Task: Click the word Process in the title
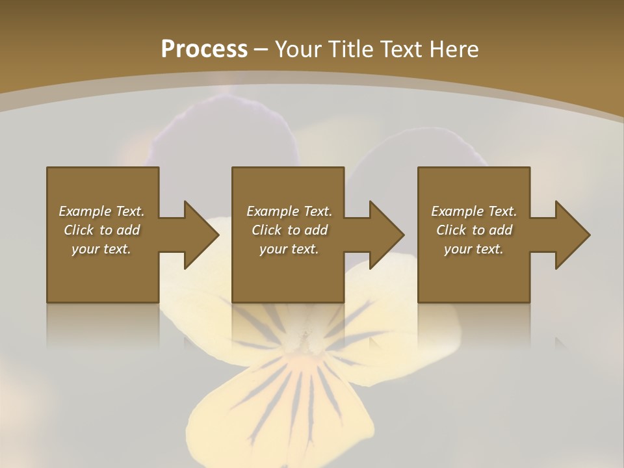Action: (204, 49)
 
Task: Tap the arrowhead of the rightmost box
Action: (571, 235)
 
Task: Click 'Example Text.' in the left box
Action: (101, 211)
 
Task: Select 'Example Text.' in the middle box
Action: (289, 211)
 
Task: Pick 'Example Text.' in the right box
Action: (474, 211)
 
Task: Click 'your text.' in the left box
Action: (101, 249)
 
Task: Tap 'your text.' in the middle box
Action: (289, 249)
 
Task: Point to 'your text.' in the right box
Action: (474, 249)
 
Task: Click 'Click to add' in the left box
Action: (101, 230)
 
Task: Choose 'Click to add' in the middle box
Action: (289, 230)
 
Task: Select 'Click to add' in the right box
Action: (474, 230)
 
